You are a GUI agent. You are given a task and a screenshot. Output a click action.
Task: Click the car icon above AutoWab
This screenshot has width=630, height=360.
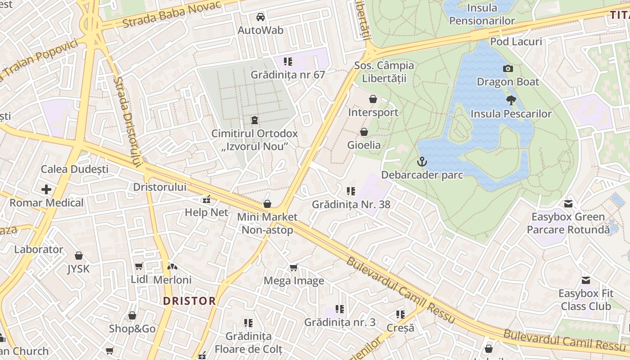[x=260, y=17]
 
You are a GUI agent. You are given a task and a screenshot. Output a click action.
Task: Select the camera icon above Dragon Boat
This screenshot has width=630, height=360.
[x=508, y=68]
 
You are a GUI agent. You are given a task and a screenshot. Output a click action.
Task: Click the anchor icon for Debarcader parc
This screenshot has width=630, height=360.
[x=422, y=162]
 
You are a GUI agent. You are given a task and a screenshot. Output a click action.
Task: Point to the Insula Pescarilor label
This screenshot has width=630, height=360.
[x=511, y=114]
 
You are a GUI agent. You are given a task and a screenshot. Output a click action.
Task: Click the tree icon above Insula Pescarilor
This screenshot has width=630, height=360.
[x=511, y=100]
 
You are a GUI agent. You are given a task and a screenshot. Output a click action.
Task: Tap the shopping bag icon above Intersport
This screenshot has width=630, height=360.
[x=373, y=99]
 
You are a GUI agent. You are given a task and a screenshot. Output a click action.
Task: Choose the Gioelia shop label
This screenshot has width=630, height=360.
[x=364, y=145]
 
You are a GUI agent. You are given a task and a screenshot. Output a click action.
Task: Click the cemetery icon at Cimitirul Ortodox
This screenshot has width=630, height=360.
[x=255, y=120]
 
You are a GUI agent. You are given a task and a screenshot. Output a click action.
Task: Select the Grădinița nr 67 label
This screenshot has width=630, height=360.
[x=288, y=75]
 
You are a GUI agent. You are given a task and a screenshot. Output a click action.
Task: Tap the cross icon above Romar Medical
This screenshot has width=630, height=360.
[x=46, y=189]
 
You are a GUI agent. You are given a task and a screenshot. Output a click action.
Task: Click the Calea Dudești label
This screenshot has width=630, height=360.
[x=75, y=169]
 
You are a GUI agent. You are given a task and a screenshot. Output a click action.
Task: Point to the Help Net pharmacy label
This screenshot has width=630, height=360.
[x=207, y=212]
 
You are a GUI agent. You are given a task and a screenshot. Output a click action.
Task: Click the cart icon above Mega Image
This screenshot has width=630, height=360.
[x=293, y=268]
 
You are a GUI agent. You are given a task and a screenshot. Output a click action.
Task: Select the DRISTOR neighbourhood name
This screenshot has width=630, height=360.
[x=189, y=301]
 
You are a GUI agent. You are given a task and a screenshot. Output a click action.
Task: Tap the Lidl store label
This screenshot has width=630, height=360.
[x=139, y=279]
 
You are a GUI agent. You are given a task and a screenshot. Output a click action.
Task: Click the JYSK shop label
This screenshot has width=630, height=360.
[x=78, y=269]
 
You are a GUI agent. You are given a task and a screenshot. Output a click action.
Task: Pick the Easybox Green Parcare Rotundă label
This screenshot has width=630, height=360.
[x=568, y=223]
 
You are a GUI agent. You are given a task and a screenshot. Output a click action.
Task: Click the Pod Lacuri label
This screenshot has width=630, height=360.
[x=516, y=42]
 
